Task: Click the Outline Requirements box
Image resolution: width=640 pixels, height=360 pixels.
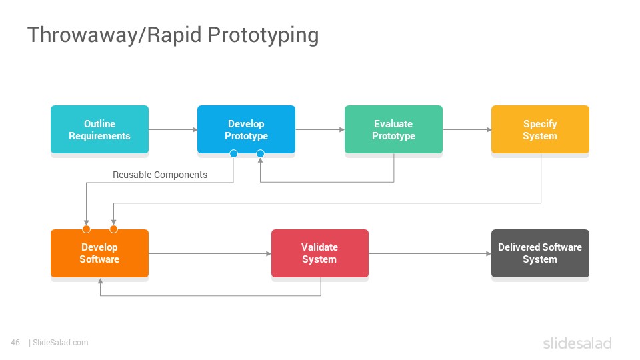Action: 99,129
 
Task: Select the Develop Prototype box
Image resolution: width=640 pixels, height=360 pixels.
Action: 246,129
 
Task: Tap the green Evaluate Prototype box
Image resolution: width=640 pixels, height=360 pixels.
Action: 393,129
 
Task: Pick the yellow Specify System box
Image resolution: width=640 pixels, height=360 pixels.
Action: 540,129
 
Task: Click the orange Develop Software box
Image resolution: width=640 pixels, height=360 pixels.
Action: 99,253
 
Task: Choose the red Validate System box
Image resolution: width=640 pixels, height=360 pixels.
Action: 320,253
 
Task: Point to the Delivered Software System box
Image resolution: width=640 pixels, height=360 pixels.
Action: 540,253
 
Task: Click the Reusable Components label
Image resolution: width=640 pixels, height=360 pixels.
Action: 160,175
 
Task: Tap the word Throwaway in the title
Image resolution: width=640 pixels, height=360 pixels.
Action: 83,35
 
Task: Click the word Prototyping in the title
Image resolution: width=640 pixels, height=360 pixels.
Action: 263,36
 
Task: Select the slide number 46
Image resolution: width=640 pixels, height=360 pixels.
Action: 15,343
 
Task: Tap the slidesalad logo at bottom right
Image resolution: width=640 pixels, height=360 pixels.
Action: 577,343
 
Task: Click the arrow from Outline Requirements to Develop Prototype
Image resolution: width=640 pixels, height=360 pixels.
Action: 173,130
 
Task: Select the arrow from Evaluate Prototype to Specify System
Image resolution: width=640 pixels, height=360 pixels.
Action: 467,130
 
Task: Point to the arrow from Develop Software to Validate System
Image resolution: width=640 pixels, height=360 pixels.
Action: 210,253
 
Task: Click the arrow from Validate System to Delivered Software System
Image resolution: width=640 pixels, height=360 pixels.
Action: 430,253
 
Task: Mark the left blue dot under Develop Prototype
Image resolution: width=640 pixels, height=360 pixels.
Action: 233,153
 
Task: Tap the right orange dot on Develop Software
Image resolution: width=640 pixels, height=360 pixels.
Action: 113,229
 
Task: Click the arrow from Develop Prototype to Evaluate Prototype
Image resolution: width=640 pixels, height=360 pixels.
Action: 320,130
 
